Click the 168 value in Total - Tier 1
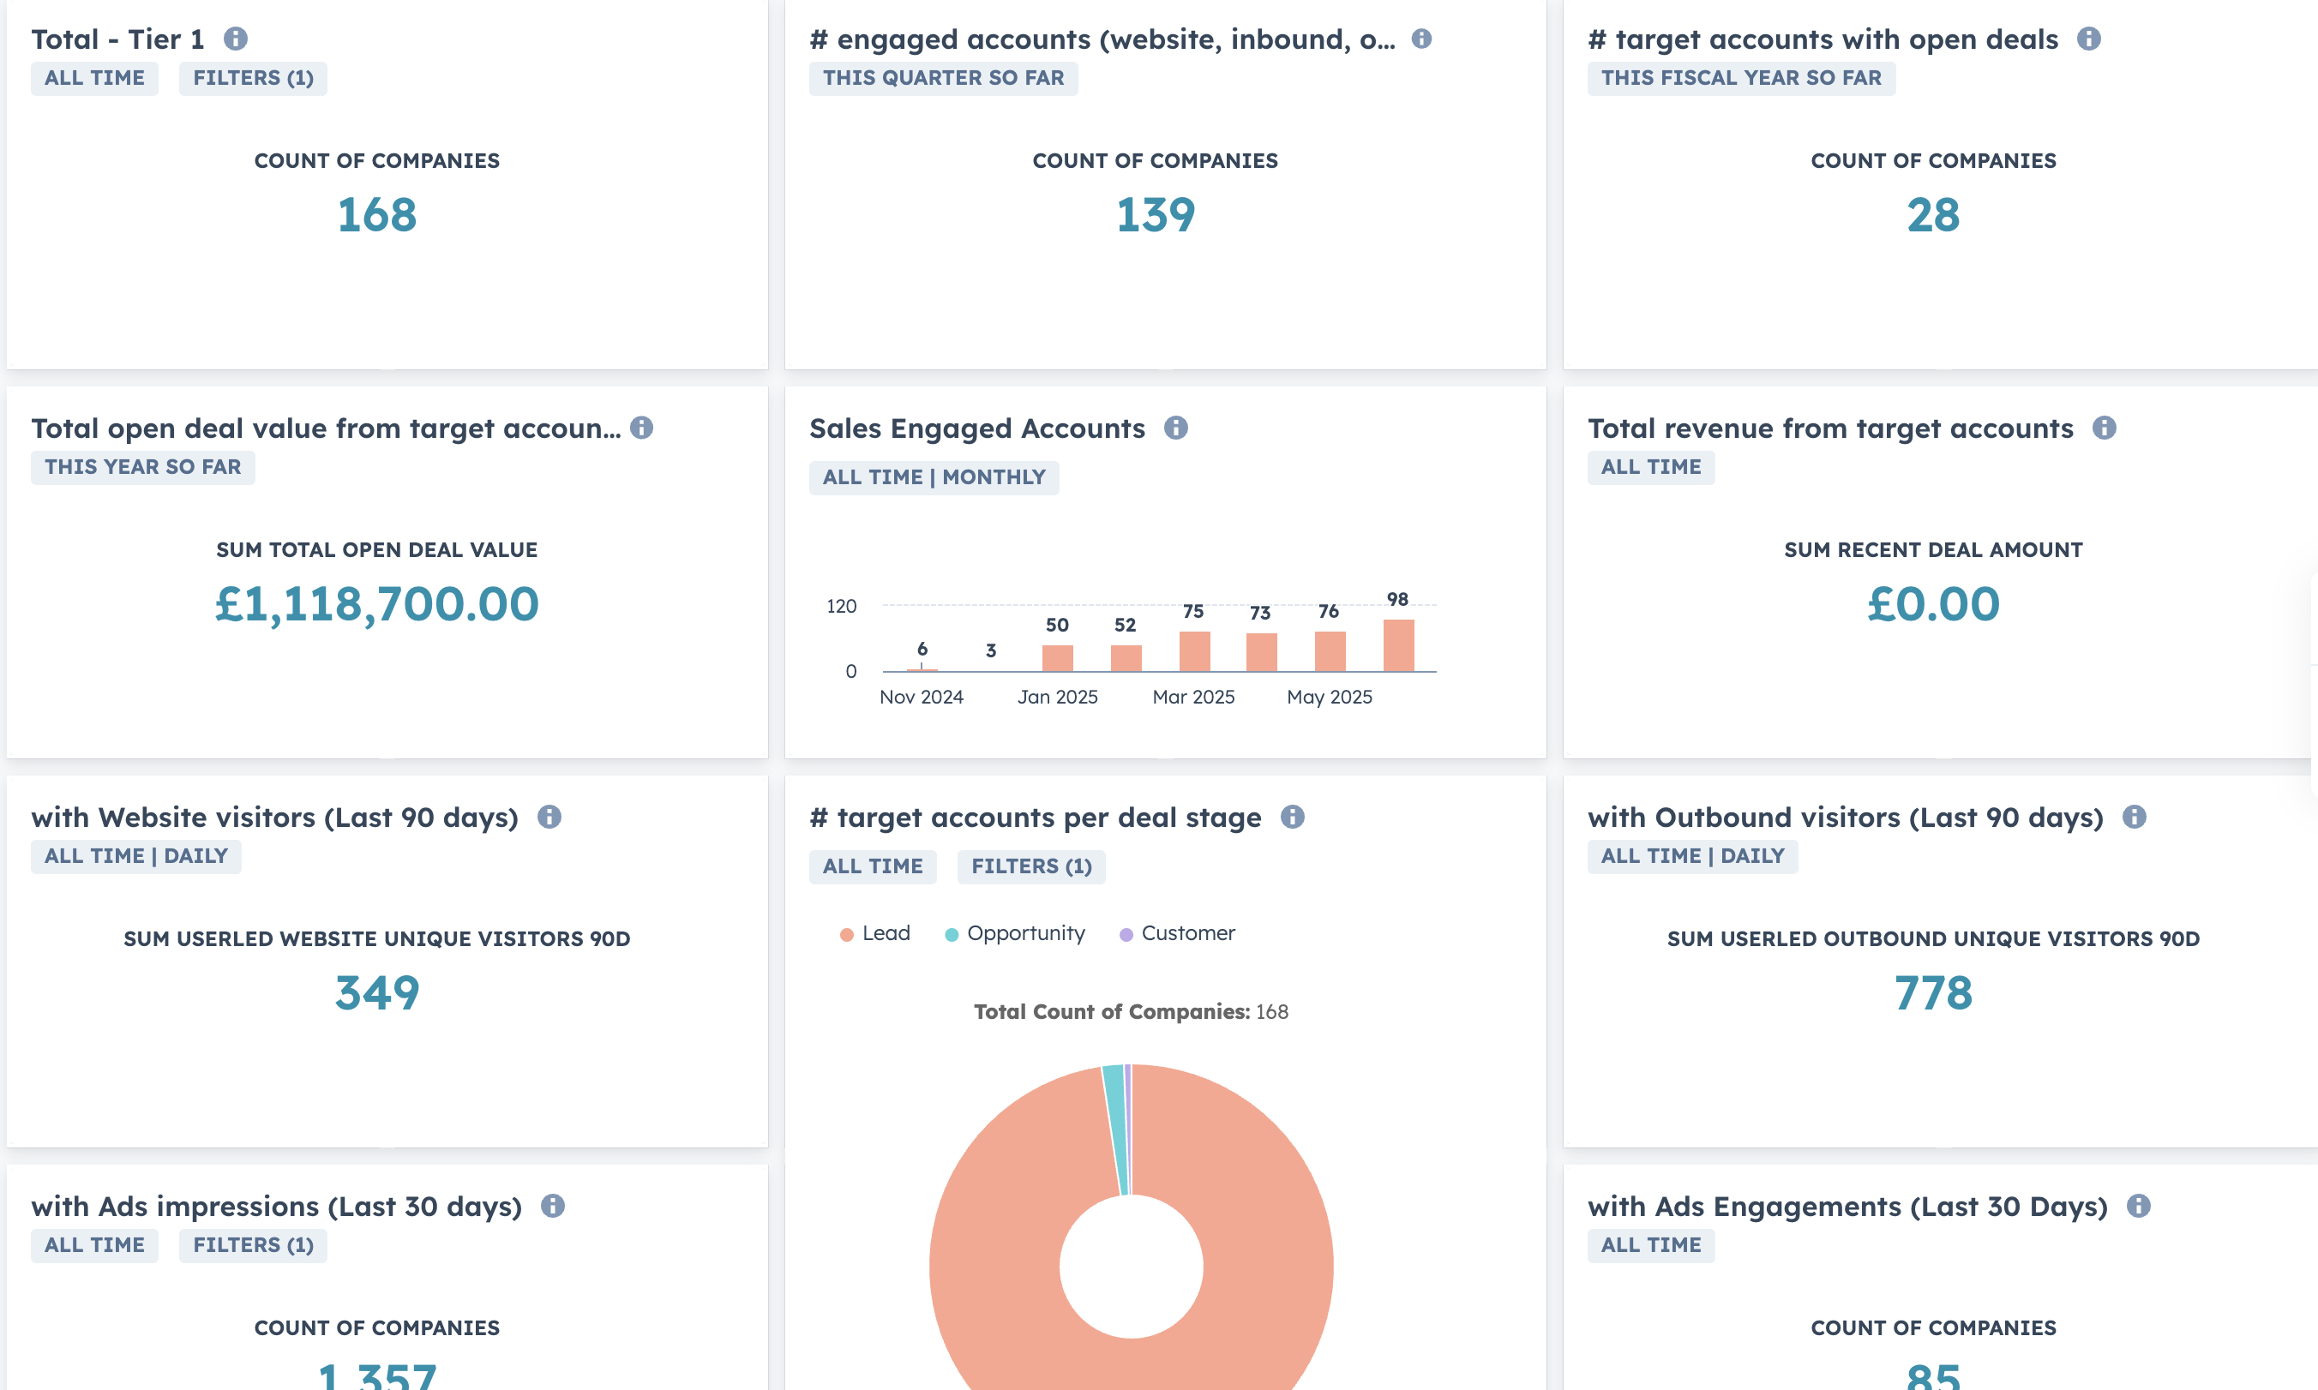376,214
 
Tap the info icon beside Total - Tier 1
235,39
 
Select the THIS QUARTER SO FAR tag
943,78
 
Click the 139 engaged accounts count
1155,214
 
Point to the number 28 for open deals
1932,214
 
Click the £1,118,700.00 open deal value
376,603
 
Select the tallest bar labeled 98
1398,645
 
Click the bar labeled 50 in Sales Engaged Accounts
1057,657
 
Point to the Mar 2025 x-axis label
1192,697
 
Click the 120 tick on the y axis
840,606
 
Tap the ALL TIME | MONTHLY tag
934,477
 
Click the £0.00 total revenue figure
1932,603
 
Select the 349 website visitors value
376,992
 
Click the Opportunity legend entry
1025,933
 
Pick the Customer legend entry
1187,933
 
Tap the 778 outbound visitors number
1932,992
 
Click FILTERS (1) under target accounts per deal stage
1030,866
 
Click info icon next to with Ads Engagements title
2138,1206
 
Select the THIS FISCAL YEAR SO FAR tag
1740,78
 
